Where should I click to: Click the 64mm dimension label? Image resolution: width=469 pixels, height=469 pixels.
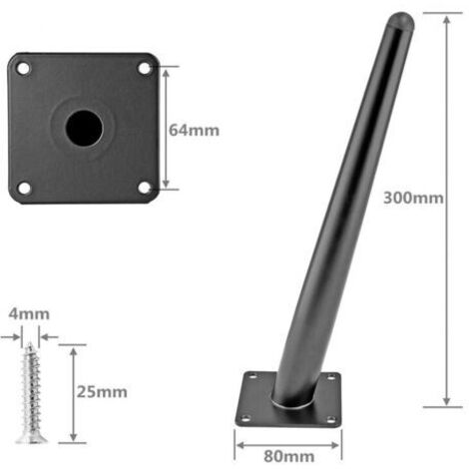point(194,130)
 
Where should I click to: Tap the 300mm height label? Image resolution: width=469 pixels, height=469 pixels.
point(413,198)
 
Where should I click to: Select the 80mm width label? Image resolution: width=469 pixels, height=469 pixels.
point(288,456)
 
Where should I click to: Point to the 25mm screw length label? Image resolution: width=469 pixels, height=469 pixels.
point(102,392)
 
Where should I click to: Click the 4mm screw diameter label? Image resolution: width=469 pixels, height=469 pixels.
point(29,314)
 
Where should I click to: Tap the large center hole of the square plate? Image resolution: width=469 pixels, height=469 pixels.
point(84,129)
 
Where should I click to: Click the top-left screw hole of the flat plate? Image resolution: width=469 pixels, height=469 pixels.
point(23,69)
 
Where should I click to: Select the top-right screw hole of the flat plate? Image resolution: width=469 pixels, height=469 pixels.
point(144,69)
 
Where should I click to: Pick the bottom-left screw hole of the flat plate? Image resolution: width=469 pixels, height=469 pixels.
point(24,188)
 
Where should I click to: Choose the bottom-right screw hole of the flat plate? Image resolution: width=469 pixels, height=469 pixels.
point(145,188)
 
